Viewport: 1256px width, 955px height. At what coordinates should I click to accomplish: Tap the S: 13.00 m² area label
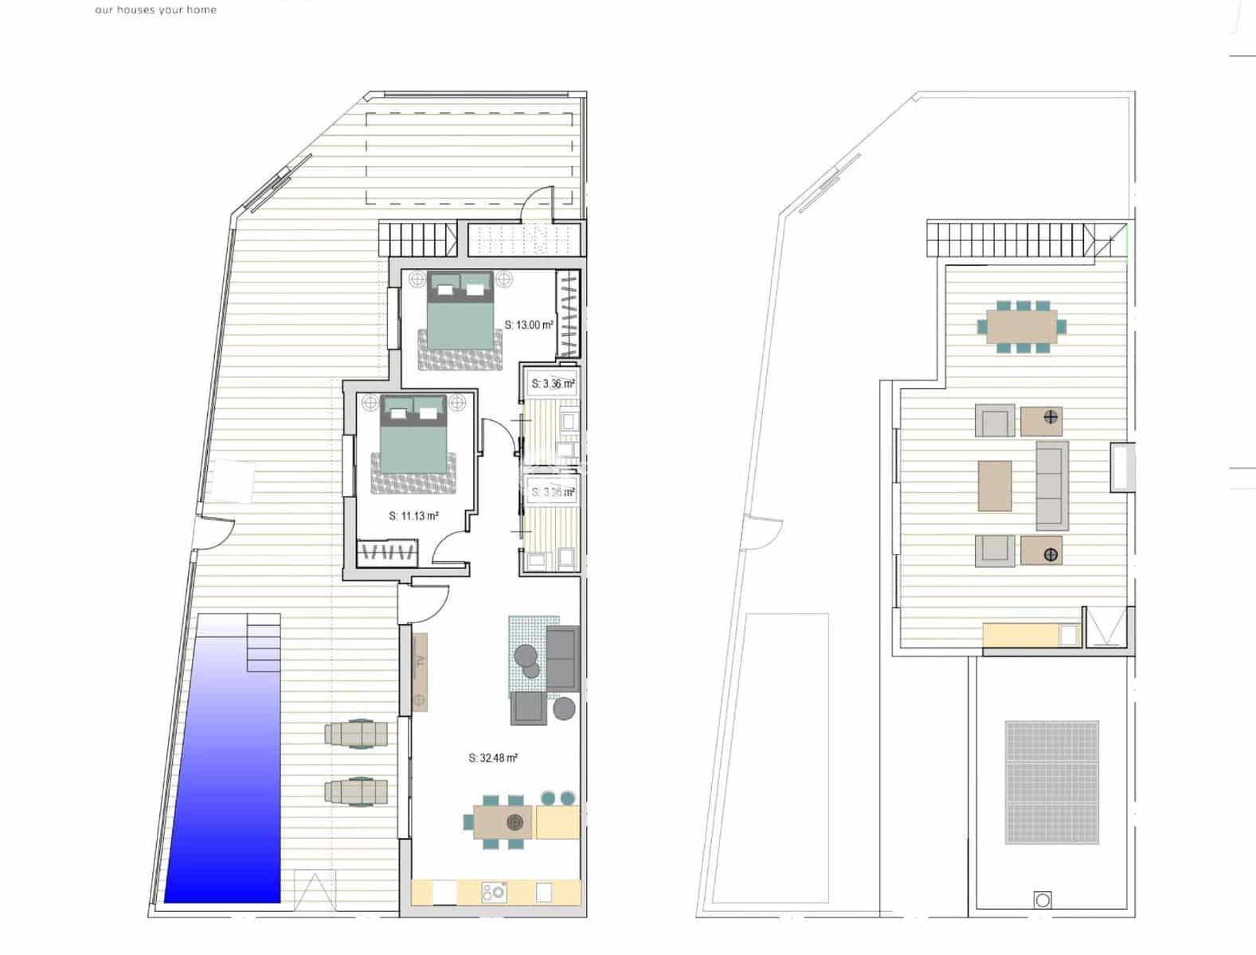(x=529, y=325)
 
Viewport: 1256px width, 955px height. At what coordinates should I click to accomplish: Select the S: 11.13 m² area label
(x=413, y=516)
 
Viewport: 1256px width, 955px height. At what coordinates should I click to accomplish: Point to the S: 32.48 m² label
(x=493, y=758)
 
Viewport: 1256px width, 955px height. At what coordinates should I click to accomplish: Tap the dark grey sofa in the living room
(x=561, y=657)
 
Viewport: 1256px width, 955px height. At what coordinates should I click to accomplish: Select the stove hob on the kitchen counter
(x=494, y=892)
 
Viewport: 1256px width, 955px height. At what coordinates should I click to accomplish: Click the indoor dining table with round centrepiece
(x=503, y=821)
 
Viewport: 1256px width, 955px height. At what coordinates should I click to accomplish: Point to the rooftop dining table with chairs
(x=1022, y=326)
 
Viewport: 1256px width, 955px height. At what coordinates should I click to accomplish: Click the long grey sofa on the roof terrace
(x=1051, y=485)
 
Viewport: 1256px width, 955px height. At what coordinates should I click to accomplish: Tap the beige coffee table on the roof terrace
(x=995, y=485)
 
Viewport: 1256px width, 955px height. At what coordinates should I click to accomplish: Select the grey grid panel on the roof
(x=1051, y=782)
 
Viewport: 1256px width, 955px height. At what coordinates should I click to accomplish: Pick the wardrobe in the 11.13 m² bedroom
(x=387, y=552)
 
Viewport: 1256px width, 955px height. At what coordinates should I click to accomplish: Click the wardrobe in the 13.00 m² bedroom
(x=567, y=314)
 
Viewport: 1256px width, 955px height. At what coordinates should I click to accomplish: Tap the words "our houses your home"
(x=155, y=10)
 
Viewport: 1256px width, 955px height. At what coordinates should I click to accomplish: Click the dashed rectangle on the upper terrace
(x=470, y=158)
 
